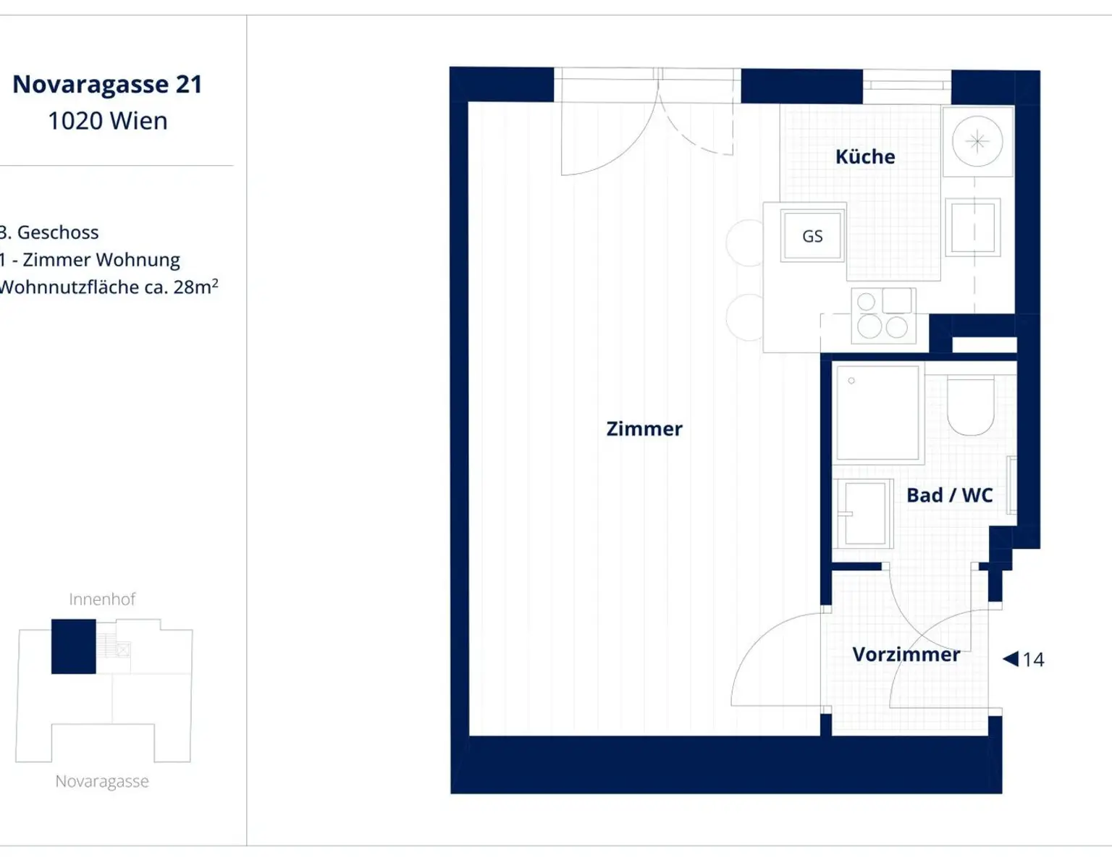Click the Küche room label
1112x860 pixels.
click(865, 156)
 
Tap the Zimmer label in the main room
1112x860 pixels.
click(644, 429)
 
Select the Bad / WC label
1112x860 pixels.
click(950, 495)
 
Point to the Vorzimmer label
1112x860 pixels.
click(906, 654)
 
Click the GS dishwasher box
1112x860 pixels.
click(812, 236)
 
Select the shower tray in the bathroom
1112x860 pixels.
click(878, 413)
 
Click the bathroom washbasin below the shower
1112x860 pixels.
click(864, 513)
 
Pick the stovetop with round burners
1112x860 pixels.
click(884, 315)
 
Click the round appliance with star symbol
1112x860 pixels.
click(977, 141)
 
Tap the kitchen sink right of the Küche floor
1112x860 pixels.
click(973, 227)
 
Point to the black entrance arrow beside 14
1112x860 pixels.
click(1010, 659)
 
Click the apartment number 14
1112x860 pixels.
click(1033, 660)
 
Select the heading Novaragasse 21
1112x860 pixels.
click(107, 85)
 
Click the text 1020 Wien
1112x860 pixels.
click(107, 121)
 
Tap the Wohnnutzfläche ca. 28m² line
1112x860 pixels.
click(109, 287)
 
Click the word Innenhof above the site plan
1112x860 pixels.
click(102, 599)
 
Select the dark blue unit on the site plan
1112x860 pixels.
click(74, 646)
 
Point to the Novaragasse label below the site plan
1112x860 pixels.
click(102, 781)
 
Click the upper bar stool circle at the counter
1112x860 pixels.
click(744, 243)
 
